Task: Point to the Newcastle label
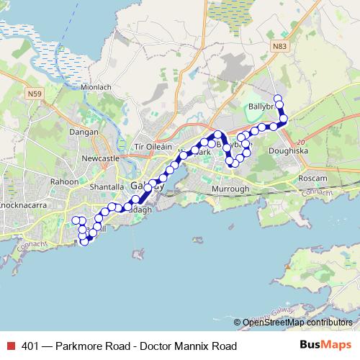pyautogui.click(x=99, y=158)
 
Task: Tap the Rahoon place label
pyautogui.click(x=64, y=182)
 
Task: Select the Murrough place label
pyautogui.click(x=230, y=189)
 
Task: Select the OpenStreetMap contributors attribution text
pyautogui.click(x=297, y=323)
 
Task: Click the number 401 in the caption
pyautogui.click(x=30, y=346)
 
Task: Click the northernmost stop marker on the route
pyautogui.click(x=277, y=97)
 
